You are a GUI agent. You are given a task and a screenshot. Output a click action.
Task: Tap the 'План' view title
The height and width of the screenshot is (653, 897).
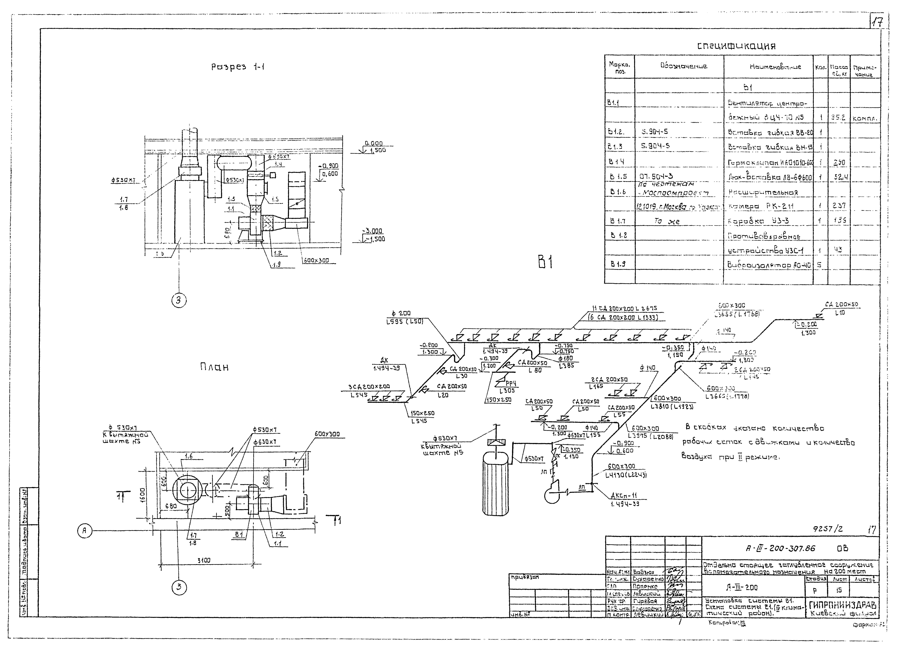[214, 367]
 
